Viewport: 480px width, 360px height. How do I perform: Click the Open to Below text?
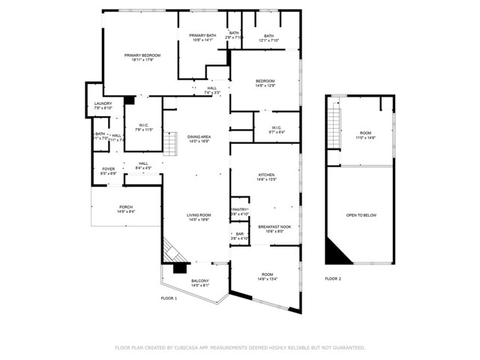point(361,215)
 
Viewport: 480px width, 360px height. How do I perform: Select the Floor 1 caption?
point(169,298)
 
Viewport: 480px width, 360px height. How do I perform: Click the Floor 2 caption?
point(333,278)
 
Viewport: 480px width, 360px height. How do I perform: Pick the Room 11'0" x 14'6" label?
point(366,135)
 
